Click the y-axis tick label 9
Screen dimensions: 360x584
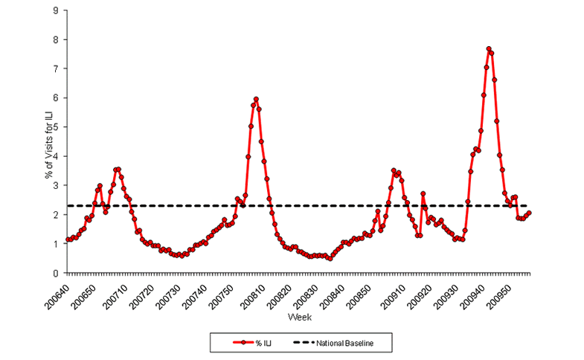click(x=58, y=10)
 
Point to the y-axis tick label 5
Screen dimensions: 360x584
click(x=58, y=126)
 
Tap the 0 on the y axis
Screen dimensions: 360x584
click(x=58, y=273)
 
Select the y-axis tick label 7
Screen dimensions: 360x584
click(x=58, y=68)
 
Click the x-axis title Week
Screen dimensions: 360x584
click(x=299, y=318)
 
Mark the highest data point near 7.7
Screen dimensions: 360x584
click(x=489, y=49)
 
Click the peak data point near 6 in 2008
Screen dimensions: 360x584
click(x=256, y=99)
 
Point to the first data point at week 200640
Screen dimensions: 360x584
click(x=68, y=240)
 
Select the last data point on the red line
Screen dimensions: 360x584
click(x=529, y=213)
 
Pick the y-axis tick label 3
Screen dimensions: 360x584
click(x=58, y=185)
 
